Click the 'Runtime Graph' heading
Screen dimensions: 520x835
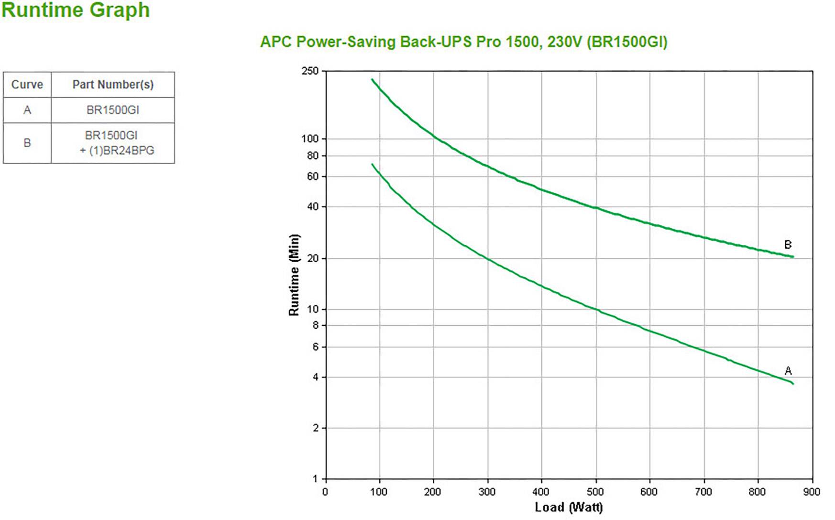tap(76, 11)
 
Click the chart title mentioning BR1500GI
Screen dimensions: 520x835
tap(463, 42)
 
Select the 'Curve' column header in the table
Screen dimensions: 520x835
tap(27, 85)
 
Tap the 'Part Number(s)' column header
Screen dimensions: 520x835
tap(113, 85)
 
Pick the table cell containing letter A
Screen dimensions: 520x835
tap(27, 110)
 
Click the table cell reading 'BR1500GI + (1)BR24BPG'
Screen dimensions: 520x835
tap(113, 143)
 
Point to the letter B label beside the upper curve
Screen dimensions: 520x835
tap(788, 245)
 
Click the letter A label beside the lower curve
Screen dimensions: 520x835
tap(788, 371)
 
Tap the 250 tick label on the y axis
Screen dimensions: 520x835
tap(310, 71)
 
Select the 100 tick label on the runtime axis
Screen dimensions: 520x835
tap(310, 139)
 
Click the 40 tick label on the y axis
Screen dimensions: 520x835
tap(312, 207)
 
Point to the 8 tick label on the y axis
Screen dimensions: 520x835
tap(315, 325)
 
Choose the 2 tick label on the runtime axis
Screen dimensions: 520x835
tap(315, 428)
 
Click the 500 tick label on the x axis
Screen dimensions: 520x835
tap(595, 492)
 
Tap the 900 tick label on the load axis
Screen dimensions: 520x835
tap(812, 492)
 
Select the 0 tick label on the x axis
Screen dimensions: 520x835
tap(325, 492)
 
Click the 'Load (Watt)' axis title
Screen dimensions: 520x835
tap(569, 507)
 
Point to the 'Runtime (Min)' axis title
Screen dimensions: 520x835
tap(294, 275)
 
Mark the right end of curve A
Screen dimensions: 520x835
tap(792, 383)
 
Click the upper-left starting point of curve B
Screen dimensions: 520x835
tap(373, 79)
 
